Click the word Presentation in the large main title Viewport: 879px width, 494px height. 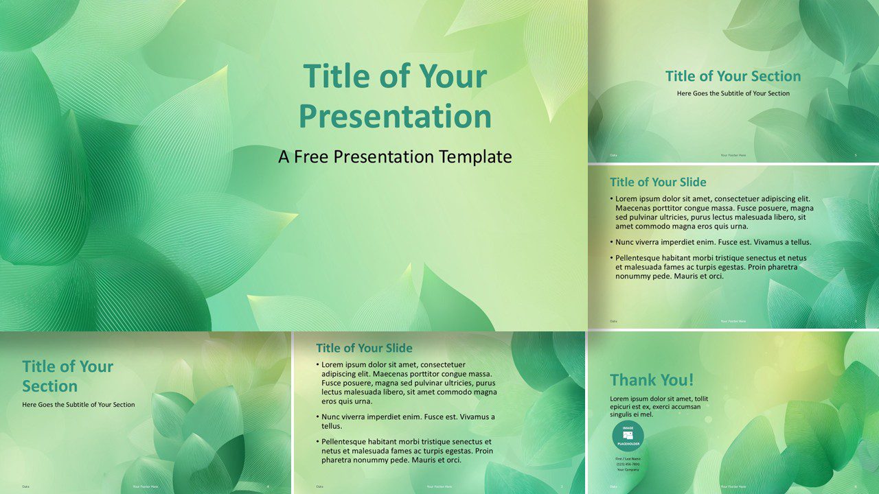click(x=395, y=116)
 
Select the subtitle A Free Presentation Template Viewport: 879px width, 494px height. click(x=395, y=156)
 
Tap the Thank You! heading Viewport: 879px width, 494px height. click(x=652, y=379)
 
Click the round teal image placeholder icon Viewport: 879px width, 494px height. click(x=628, y=436)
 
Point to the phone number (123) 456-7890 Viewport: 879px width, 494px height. click(x=628, y=464)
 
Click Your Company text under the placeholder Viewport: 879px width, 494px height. click(x=628, y=469)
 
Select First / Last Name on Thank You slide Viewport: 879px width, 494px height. click(x=628, y=458)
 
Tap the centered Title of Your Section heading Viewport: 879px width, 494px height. click(x=733, y=76)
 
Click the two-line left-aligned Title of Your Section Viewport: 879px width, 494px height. click(x=67, y=376)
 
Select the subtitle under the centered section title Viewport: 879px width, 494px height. click(x=733, y=93)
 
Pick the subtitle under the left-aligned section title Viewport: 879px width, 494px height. click(x=78, y=404)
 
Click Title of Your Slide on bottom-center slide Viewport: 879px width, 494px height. click(x=364, y=348)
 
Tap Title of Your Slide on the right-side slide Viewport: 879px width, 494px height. click(x=658, y=182)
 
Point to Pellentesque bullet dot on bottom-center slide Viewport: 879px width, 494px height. click(x=319, y=442)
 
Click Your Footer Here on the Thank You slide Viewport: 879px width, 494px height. click(x=733, y=486)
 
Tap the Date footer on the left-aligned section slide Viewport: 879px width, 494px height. click(x=25, y=486)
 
